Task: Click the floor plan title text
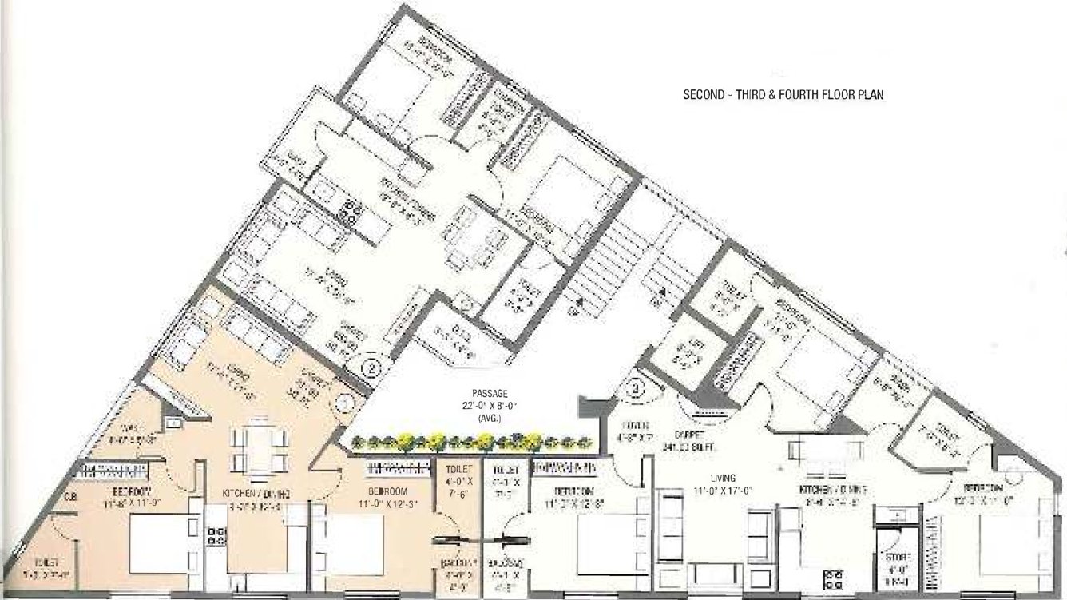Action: click(783, 94)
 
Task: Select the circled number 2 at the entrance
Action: click(371, 368)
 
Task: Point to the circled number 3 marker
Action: click(636, 389)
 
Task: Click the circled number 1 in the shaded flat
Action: click(346, 402)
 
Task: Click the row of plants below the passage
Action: click(471, 440)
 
